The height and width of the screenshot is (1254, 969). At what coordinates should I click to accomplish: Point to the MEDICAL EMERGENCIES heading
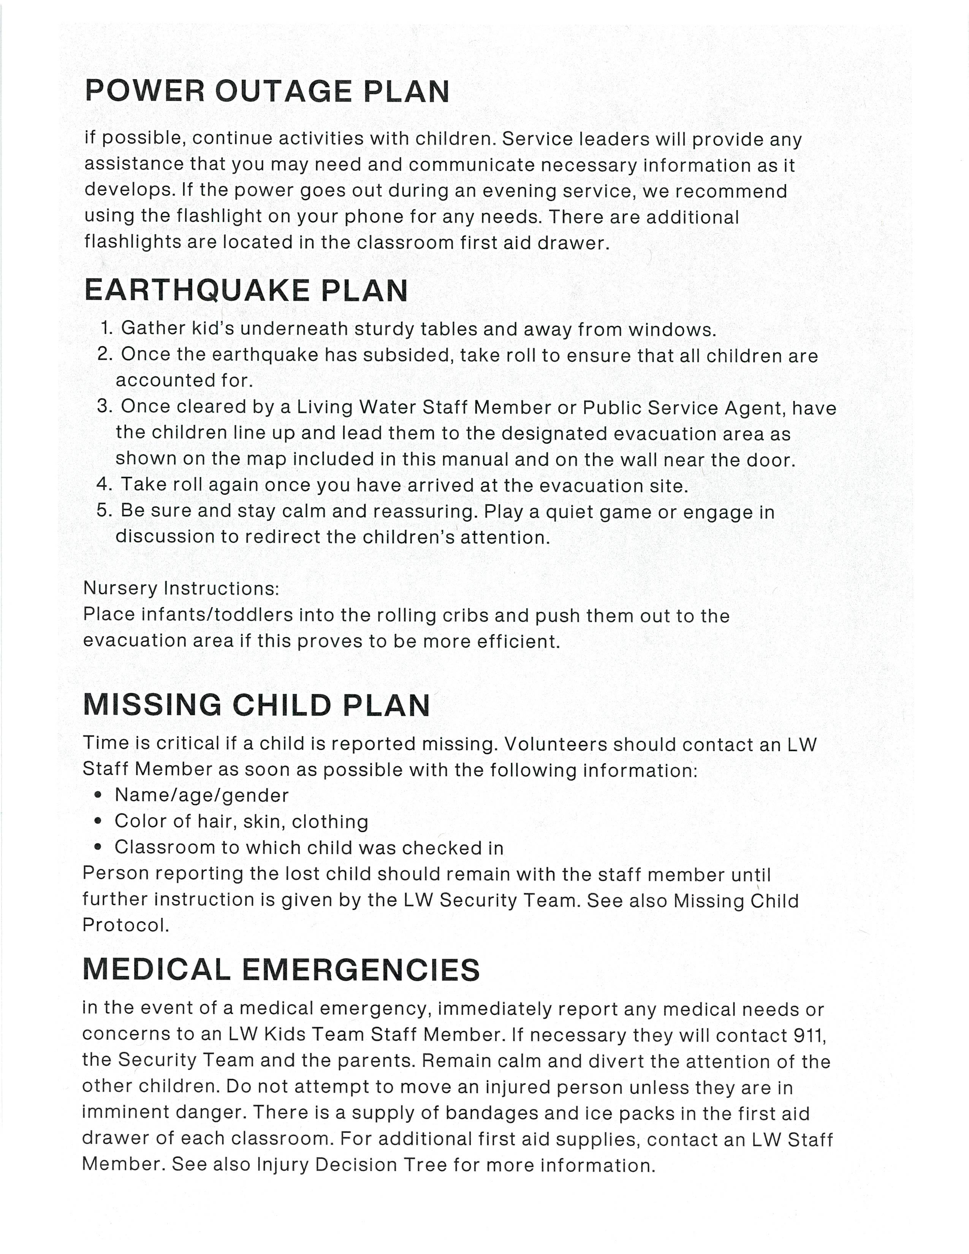tap(281, 969)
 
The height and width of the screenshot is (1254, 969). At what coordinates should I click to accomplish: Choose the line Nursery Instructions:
tap(181, 589)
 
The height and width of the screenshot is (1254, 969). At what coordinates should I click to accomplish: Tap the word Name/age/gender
tap(201, 795)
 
